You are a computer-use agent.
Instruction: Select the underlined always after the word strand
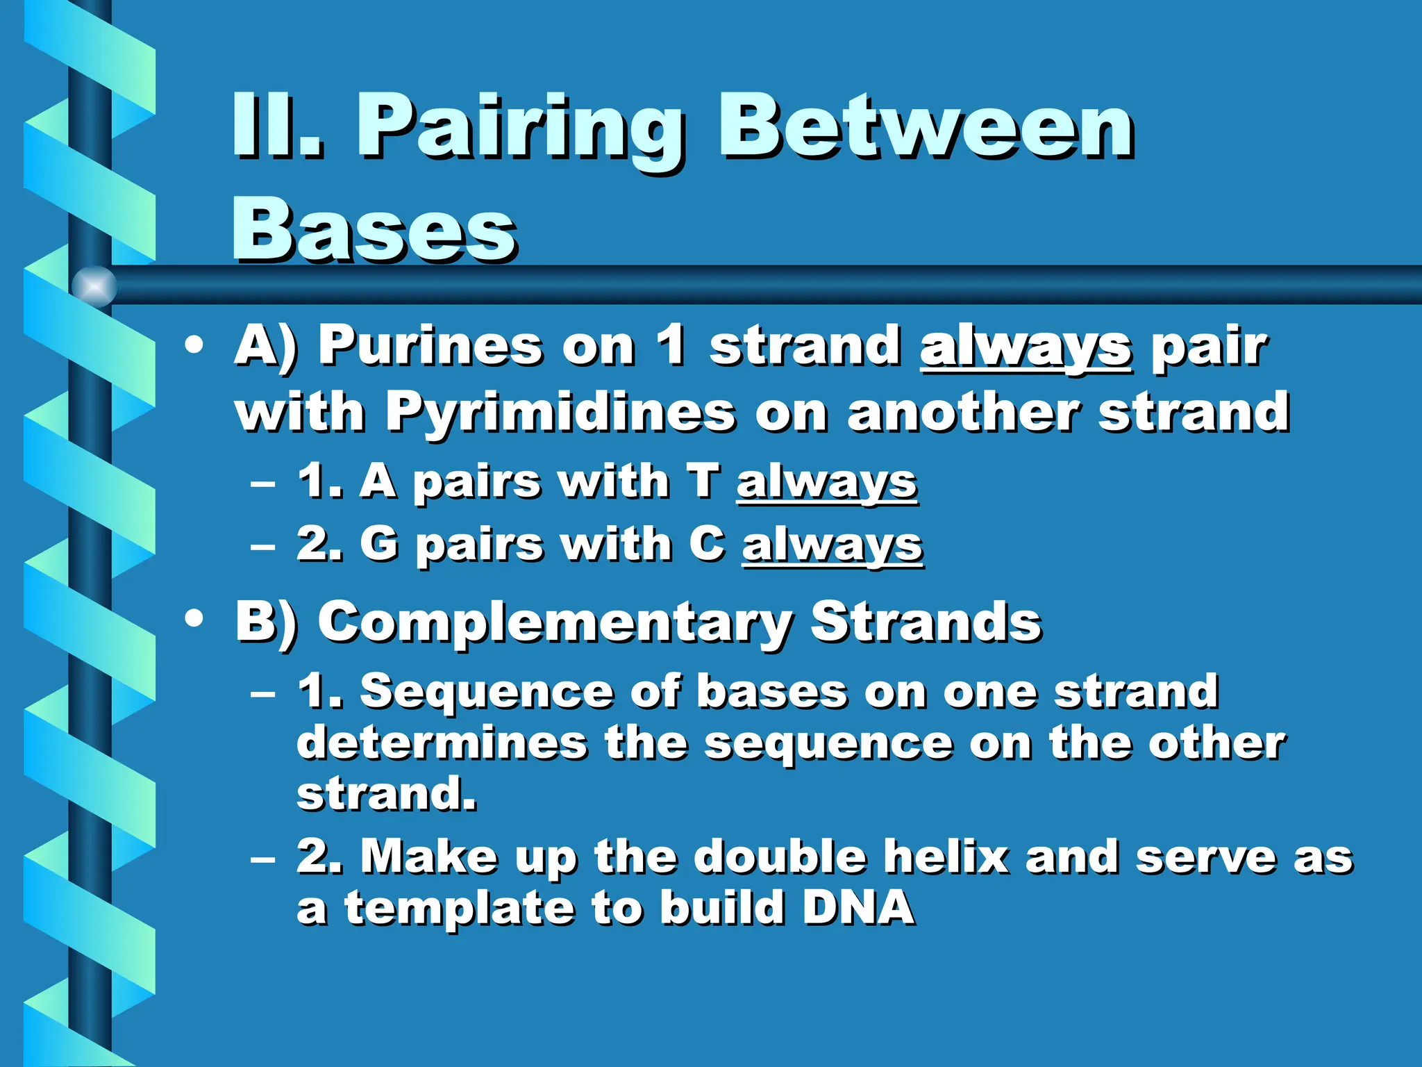coord(1026,347)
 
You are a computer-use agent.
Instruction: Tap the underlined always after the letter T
coord(826,482)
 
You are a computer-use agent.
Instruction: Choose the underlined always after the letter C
coord(832,545)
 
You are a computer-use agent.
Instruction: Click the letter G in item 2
coord(379,543)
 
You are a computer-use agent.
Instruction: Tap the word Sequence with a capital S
coord(486,692)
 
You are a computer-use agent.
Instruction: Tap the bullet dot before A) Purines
coord(194,345)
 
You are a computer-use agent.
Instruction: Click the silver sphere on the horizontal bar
coord(94,286)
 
